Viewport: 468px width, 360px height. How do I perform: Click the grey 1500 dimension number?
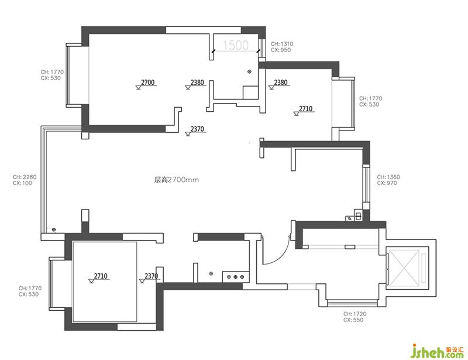236,45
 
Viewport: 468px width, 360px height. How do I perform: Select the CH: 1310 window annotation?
282,44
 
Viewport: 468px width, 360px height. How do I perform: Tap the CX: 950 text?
281,50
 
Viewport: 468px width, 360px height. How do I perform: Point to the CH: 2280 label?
25,177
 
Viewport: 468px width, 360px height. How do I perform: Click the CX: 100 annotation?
22,183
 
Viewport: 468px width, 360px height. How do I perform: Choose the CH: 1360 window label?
388,177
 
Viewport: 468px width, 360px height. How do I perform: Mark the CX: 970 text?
387,183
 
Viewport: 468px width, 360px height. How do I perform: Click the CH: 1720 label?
355,314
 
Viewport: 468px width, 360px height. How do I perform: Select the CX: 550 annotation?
353,320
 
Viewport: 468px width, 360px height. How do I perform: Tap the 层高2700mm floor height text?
177,180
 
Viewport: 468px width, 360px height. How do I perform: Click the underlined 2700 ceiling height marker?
148,82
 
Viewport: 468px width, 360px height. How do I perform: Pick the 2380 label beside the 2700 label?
197,82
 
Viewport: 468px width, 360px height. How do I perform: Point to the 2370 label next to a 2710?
151,276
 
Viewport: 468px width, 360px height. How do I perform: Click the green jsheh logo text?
433,352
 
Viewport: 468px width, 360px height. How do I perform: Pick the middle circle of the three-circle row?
235,277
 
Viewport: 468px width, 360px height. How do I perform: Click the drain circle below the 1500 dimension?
249,71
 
